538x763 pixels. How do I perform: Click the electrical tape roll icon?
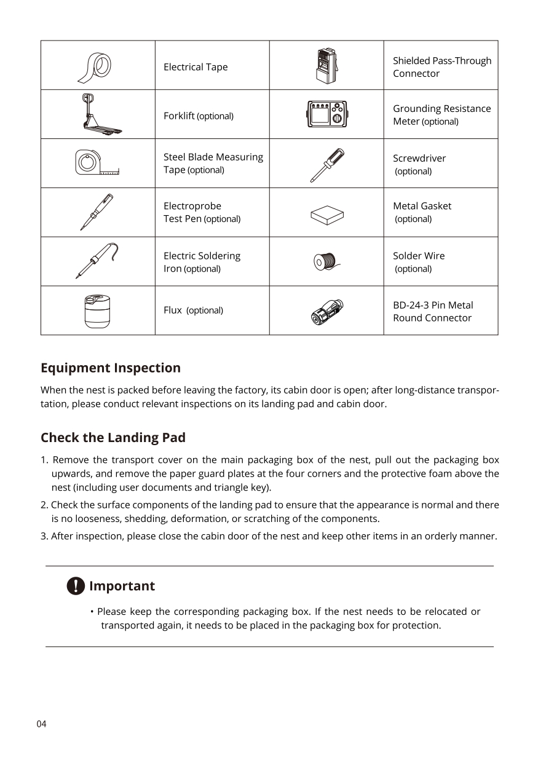[x=95, y=66]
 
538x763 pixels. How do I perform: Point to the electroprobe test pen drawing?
[x=97, y=212]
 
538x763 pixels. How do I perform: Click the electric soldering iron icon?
[x=97, y=261]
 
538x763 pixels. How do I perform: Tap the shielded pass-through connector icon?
[x=325, y=66]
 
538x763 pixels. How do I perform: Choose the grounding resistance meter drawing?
[x=326, y=114]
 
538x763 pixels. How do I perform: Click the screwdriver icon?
[x=326, y=165]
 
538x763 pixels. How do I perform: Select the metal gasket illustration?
[x=326, y=215]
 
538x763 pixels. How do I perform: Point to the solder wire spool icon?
[x=325, y=261]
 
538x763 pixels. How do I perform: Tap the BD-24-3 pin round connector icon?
[x=326, y=312]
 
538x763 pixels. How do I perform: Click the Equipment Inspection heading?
[x=111, y=368]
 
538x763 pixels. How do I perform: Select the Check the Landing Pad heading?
[x=113, y=438]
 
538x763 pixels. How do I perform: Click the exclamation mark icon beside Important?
[x=75, y=586]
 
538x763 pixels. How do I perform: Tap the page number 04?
[x=41, y=724]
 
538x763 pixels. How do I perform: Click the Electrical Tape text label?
[x=196, y=67]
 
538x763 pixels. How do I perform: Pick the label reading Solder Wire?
[x=419, y=256]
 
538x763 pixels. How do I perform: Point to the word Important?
[x=122, y=586]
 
